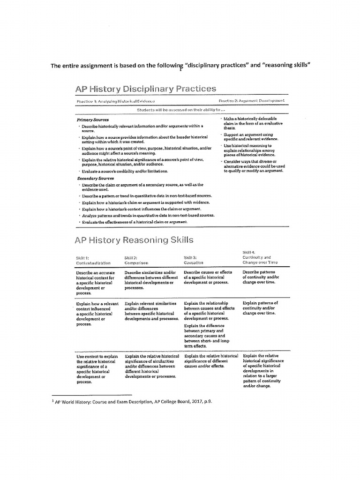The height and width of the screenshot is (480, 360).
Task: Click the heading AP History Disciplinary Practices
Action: click(x=145, y=89)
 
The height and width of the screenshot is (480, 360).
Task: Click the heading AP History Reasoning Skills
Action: click(x=134, y=240)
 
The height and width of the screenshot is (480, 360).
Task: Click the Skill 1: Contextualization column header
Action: click(x=93, y=261)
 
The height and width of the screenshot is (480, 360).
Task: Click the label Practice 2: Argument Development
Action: click(x=251, y=101)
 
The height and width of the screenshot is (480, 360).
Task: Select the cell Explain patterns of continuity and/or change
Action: click(x=260, y=308)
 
